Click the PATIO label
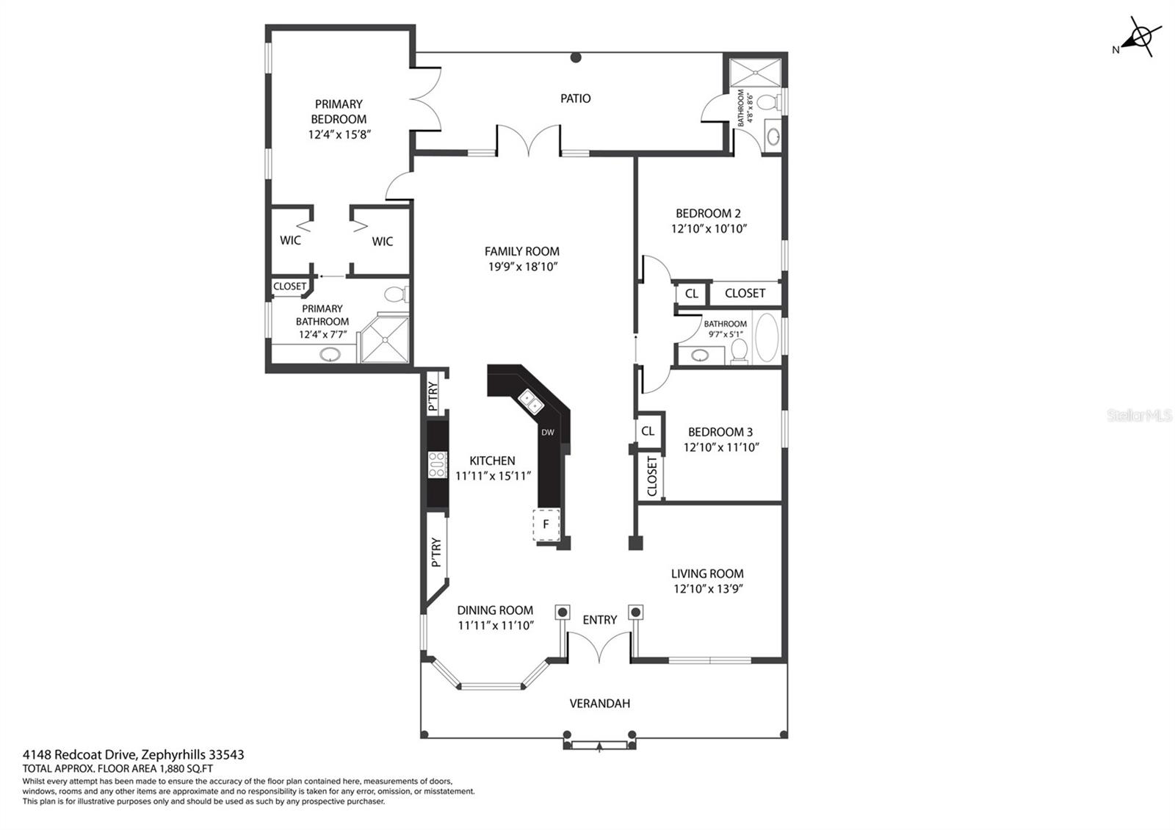click(575, 98)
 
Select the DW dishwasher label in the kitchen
click(548, 433)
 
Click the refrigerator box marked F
click(546, 524)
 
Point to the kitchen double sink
click(531, 403)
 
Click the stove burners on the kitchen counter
click(438, 465)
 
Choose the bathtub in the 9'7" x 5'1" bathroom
click(767, 338)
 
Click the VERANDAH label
click(599, 703)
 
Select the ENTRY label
click(599, 620)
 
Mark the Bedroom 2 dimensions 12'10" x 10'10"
click(709, 228)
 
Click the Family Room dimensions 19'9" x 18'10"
click(522, 267)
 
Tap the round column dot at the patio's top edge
click(576, 58)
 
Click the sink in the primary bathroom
click(330, 356)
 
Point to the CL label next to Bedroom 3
click(648, 430)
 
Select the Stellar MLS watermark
click(1139, 416)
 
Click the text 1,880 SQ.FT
click(187, 768)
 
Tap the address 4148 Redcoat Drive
click(80, 754)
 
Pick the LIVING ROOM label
click(707, 574)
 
